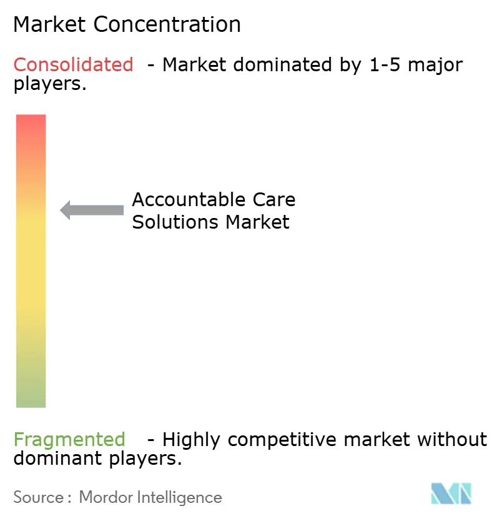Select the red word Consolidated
74,64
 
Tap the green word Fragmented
69,440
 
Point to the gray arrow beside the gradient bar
92,210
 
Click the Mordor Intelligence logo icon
451,494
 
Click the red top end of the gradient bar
31,122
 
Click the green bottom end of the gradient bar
31,400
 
